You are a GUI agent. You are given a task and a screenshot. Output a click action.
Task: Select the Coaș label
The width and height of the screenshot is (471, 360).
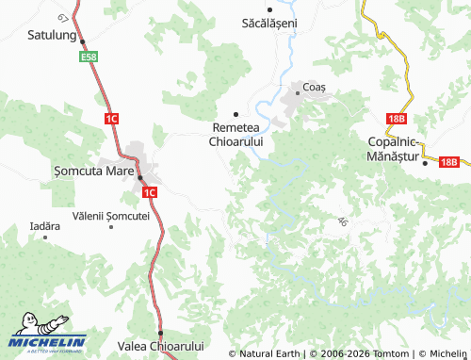click(x=314, y=87)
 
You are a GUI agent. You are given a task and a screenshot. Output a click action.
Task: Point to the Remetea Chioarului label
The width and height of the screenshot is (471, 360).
click(x=235, y=134)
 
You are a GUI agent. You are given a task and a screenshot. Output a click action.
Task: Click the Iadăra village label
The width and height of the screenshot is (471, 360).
click(x=44, y=226)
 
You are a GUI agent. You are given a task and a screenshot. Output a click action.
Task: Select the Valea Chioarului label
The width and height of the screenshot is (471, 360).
click(x=159, y=346)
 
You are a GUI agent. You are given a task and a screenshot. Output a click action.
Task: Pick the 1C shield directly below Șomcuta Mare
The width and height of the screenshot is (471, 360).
click(x=149, y=192)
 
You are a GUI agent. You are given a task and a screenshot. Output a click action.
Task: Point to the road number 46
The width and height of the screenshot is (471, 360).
click(x=341, y=221)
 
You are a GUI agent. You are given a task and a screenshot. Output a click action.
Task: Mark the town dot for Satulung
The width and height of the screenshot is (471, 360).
click(x=83, y=42)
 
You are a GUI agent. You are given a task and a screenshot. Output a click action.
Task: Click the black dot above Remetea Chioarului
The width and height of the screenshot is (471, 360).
click(x=235, y=113)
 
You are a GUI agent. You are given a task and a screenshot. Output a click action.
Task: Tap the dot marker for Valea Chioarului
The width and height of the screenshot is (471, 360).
click(x=160, y=333)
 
